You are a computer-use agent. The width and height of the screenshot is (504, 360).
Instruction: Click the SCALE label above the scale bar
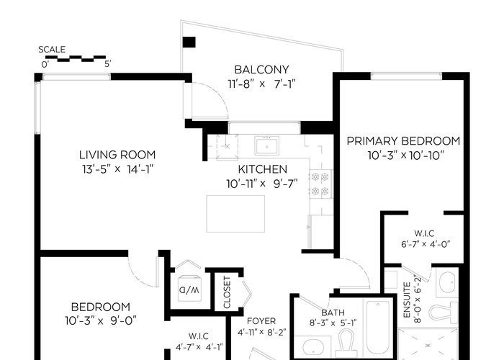(52, 50)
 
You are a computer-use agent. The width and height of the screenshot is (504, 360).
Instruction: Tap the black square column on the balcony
(189, 42)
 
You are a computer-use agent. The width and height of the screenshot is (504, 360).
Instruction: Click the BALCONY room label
(261, 69)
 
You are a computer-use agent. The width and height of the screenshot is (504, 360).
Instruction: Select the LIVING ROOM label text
(117, 155)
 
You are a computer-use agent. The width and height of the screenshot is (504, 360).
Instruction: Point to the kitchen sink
(267, 145)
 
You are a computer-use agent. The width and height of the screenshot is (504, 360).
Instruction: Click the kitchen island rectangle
(235, 214)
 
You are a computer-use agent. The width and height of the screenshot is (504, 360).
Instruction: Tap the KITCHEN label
(263, 169)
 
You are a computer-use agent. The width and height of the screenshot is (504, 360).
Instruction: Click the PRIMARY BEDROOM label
(403, 141)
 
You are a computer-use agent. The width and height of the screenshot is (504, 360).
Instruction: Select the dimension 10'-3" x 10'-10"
(405, 156)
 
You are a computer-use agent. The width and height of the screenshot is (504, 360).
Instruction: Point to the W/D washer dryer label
(189, 290)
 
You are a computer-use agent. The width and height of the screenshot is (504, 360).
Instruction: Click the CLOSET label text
(227, 292)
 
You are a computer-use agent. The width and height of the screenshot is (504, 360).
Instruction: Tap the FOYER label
(261, 321)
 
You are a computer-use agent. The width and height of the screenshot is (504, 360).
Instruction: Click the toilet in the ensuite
(444, 312)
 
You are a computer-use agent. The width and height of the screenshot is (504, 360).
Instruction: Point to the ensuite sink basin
(447, 282)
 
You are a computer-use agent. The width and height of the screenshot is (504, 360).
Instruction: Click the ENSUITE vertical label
(407, 300)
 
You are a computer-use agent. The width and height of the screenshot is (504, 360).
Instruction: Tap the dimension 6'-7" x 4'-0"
(426, 244)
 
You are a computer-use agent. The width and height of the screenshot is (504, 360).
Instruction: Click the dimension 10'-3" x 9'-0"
(101, 321)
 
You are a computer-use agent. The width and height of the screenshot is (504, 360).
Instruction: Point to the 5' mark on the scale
(107, 64)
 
